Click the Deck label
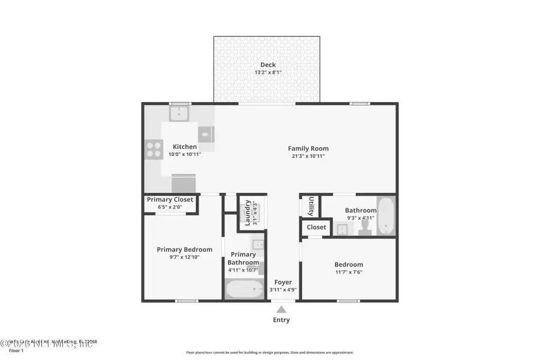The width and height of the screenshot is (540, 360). pos(268,65)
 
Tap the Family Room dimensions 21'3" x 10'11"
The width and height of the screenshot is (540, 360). pos(308,156)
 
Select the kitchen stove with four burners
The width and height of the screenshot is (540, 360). pos(154,148)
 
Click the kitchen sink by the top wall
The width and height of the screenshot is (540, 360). pos(179,112)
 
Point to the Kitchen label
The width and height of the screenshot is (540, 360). pos(185,146)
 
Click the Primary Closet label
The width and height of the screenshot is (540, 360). pos(170,199)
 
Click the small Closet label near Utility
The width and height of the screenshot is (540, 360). pos(316,227)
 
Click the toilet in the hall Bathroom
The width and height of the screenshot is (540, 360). pos(362,228)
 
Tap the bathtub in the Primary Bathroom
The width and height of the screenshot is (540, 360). pos(245,290)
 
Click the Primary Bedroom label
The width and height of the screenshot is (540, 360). pos(184,250)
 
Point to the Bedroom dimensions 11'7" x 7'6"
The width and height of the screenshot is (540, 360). pos(349,272)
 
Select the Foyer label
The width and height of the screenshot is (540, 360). pos(283,282)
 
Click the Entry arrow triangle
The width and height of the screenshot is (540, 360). pos(281,310)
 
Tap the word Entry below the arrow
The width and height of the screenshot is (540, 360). pos(281,320)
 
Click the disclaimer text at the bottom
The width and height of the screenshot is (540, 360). pos(269,353)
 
